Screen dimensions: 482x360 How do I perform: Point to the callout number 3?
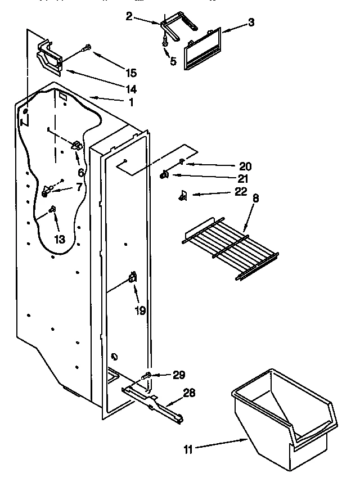251,23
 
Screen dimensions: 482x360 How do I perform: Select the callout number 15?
130,73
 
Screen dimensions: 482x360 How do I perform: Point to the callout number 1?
130,102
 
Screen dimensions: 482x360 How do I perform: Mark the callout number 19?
140,310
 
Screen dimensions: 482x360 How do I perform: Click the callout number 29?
179,375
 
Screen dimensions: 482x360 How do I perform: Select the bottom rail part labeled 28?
155,400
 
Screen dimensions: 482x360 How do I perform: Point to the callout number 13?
59,240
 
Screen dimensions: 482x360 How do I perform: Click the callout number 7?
78,186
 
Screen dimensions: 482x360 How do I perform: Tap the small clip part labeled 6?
77,146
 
